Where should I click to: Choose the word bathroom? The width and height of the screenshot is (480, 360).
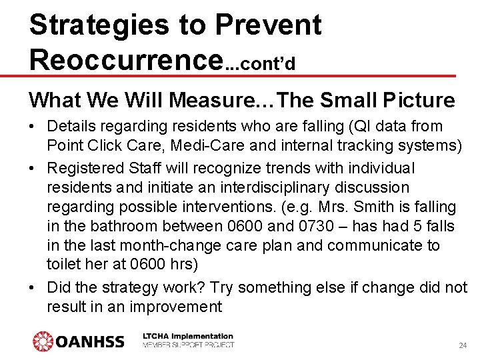click(122, 227)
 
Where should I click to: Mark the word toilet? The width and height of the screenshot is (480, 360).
click(65, 264)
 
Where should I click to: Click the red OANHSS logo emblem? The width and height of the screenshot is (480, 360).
click(43, 341)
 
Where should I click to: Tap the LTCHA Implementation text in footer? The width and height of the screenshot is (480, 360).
click(188, 337)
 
